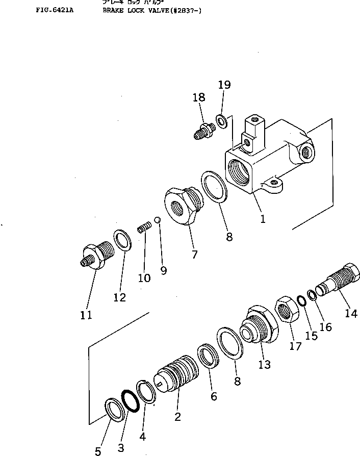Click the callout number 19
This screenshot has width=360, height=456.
point(224,85)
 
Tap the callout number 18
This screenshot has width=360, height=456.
point(198,97)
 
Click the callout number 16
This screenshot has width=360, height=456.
point(326,327)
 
